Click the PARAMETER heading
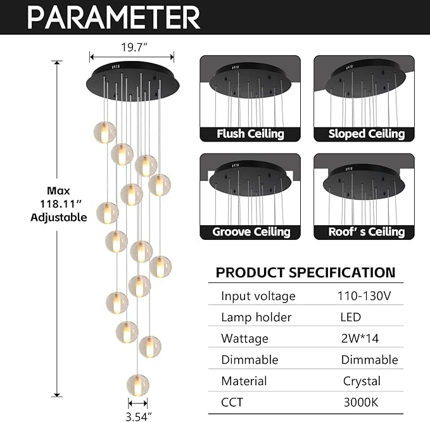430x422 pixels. pyautogui.click(x=113, y=16)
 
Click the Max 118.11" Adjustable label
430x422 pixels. pyautogui.click(x=59, y=204)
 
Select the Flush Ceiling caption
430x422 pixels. pyautogui.click(x=250, y=134)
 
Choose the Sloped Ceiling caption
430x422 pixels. pyautogui.click(x=366, y=134)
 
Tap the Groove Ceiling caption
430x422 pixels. pyautogui.click(x=251, y=232)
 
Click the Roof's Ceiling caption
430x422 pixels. pyautogui.click(x=366, y=232)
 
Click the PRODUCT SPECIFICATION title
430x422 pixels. pyautogui.click(x=305, y=273)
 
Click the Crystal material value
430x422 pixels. pyautogui.click(x=362, y=381)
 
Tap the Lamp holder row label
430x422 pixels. pyautogui.click(x=256, y=317)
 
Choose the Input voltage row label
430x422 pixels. pyautogui.click(x=258, y=296)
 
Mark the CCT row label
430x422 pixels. pyautogui.click(x=232, y=402)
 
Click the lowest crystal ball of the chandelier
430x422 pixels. pyautogui.click(x=137, y=385)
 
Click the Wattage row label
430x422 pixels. pyautogui.click(x=244, y=338)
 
